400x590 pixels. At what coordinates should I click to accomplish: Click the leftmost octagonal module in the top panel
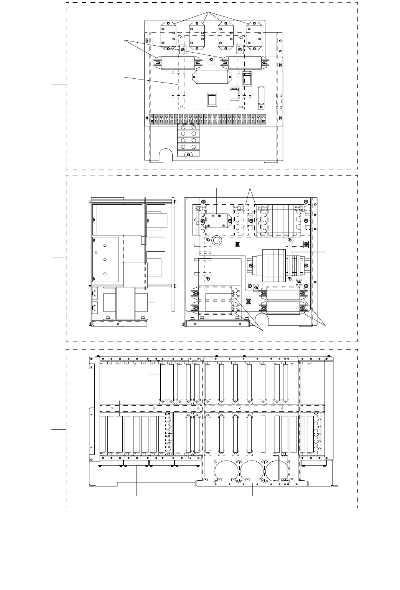(168, 36)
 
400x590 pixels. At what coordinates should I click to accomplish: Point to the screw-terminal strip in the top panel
(207, 119)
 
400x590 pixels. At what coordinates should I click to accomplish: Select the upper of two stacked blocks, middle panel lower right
(283, 295)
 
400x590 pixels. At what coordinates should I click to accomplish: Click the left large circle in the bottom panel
(227, 471)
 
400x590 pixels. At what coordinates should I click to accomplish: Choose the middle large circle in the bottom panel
(252, 471)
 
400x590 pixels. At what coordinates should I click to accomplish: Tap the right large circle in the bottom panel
(277, 471)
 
